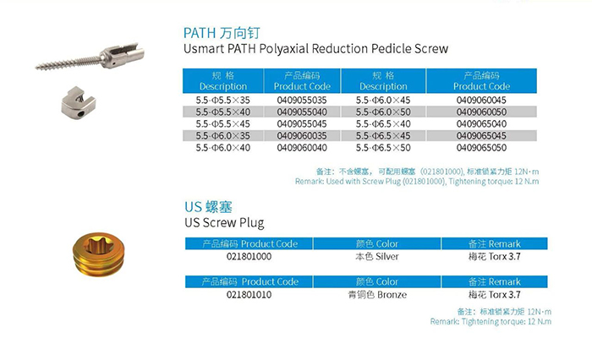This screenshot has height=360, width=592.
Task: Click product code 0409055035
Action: point(302,101)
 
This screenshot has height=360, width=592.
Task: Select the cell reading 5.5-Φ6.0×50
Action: point(383,112)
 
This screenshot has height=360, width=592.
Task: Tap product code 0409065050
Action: point(481,148)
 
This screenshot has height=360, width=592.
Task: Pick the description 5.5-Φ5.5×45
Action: point(222,123)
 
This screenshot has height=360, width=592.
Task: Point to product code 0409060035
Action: point(302,136)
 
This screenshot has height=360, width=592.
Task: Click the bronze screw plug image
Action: point(99,254)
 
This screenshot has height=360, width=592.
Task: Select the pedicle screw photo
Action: point(90,57)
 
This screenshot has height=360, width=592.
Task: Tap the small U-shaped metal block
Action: point(79,102)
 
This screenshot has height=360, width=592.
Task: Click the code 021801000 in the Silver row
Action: point(249,257)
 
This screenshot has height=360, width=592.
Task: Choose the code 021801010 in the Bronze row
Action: point(249,295)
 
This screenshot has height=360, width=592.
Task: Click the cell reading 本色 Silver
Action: point(377,257)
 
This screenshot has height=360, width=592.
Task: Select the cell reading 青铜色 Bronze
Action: point(377,295)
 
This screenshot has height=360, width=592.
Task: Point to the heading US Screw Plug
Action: point(224,223)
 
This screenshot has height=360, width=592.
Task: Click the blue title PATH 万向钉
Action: point(222,33)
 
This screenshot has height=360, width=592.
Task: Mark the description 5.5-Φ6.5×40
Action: point(383,123)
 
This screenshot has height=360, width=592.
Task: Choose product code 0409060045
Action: point(481,101)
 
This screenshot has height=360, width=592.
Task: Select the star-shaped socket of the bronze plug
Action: point(98,245)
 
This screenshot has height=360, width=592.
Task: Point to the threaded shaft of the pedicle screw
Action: point(68,63)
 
